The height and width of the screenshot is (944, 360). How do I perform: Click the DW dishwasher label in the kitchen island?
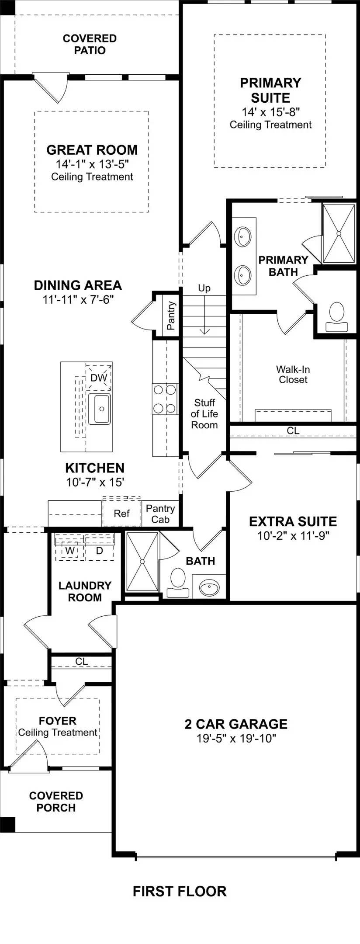click(99, 378)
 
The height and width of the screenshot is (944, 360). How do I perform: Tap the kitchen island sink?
click(100, 409)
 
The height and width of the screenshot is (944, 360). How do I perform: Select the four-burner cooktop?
click(165, 399)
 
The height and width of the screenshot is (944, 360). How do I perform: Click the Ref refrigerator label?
click(121, 514)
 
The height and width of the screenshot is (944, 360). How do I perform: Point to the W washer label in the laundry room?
click(70, 551)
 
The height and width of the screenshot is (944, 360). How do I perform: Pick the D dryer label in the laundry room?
click(99, 551)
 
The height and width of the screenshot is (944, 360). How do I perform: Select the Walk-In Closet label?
click(293, 375)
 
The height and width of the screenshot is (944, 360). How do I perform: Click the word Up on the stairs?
click(204, 288)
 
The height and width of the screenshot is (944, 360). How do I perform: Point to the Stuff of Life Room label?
click(204, 413)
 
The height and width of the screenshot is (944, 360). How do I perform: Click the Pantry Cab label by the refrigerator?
click(160, 514)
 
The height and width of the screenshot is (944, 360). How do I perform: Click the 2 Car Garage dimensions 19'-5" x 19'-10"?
click(236, 739)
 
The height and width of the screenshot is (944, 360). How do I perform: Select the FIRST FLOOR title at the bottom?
click(180, 892)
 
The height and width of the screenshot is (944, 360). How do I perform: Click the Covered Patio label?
click(90, 44)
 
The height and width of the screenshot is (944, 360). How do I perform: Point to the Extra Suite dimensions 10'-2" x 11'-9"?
click(293, 535)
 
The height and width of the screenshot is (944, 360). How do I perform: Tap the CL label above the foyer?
click(81, 661)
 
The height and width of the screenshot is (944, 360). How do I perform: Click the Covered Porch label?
click(56, 802)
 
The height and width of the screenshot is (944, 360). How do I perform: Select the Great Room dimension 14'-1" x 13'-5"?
click(92, 164)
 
